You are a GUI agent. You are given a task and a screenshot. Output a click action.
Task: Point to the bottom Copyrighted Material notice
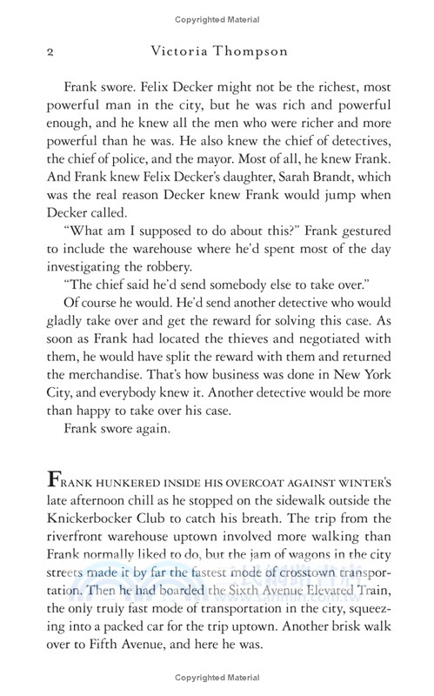click(x=217, y=679)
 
